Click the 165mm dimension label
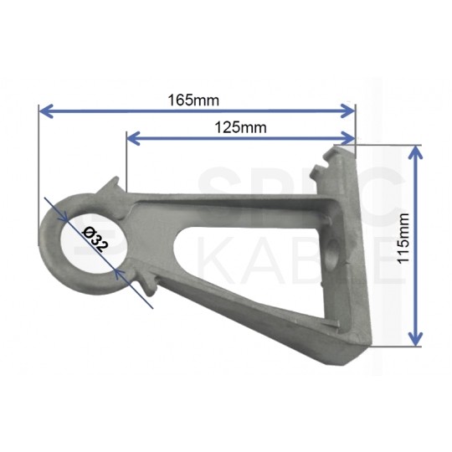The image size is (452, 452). [193, 100]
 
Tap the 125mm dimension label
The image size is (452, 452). [241, 127]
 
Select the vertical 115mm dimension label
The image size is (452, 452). [403, 238]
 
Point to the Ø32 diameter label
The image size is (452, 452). [95, 239]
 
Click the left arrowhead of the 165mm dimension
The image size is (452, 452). [46, 111]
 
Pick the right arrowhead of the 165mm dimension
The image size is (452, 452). [347, 111]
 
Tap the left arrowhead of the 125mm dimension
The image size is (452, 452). [133, 138]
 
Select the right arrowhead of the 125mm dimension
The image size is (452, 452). [347, 138]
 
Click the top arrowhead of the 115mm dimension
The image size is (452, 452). [415, 152]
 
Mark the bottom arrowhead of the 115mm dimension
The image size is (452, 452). [415, 339]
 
